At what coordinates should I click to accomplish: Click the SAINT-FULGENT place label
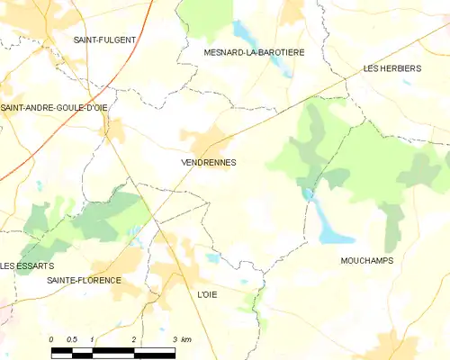click(x=104, y=40)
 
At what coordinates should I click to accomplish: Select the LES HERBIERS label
click(x=392, y=68)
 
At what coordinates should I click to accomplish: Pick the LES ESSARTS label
click(x=27, y=266)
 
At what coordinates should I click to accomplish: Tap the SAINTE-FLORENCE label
click(x=84, y=281)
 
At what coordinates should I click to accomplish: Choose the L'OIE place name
click(x=207, y=294)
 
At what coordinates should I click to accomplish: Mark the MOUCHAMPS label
click(x=368, y=260)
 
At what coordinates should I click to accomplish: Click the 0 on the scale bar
click(x=52, y=339)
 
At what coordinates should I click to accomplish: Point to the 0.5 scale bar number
click(x=72, y=339)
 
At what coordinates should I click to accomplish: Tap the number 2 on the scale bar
click(x=134, y=339)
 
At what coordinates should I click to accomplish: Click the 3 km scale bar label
click(x=182, y=339)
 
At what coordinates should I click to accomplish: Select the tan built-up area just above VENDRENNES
click(x=205, y=139)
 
